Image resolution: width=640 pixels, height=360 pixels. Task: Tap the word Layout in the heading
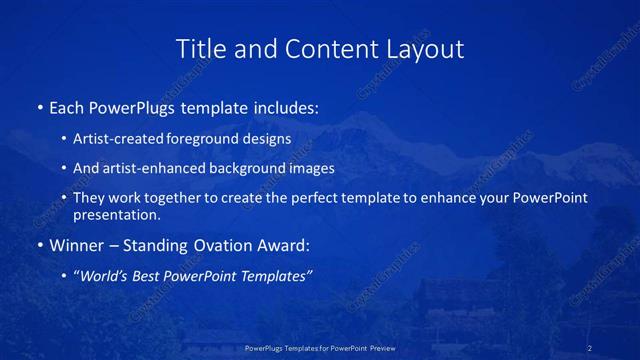[x=425, y=48]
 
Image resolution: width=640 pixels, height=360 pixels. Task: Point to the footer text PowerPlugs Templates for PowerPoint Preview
[x=319, y=348]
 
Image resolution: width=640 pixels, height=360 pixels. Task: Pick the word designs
[x=269, y=138]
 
